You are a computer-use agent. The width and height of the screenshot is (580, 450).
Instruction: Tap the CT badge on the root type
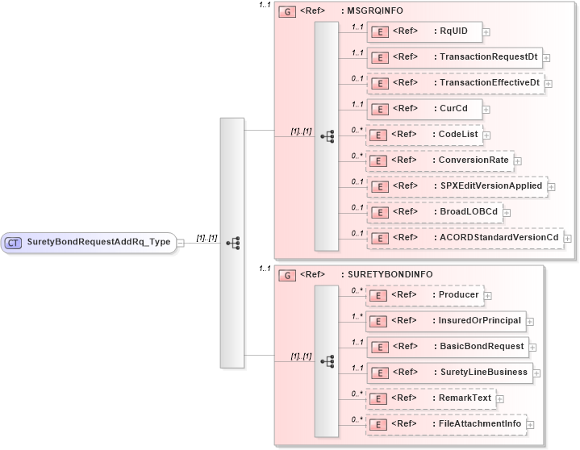click(13, 242)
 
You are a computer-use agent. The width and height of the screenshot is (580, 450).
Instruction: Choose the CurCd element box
click(424, 109)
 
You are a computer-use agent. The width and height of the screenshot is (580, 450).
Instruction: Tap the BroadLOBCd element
click(433, 212)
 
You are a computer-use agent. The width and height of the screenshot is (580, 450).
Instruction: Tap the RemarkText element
click(431, 398)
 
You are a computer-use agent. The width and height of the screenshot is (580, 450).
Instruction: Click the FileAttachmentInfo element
click(445, 424)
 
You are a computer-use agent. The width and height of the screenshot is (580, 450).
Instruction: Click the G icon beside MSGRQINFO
click(286, 12)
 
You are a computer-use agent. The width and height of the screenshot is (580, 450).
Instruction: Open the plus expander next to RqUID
click(486, 32)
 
